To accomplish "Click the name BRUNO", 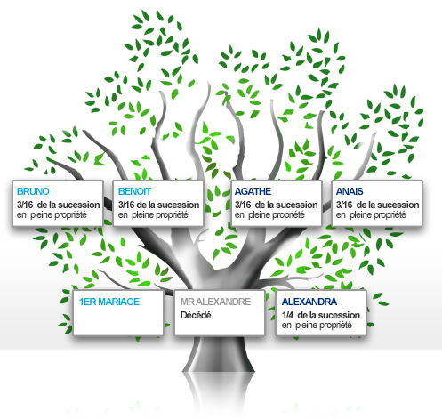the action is click(33, 191).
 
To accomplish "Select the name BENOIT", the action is click(134, 191).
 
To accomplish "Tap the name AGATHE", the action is click(253, 191).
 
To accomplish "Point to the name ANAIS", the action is click(350, 191).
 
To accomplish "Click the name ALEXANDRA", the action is click(309, 302).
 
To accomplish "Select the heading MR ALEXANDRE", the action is click(215, 302).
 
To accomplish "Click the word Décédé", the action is click(196, 315).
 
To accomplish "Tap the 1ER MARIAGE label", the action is click(109, 302).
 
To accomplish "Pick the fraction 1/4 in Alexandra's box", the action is click(287, 315).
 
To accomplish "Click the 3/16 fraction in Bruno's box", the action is click(25, 205).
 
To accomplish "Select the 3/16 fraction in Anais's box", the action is click(344, 205).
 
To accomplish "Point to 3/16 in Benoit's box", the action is click(126, 205).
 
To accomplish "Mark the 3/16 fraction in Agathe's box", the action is click(243, 205).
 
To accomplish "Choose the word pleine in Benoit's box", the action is click(141, 214).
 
